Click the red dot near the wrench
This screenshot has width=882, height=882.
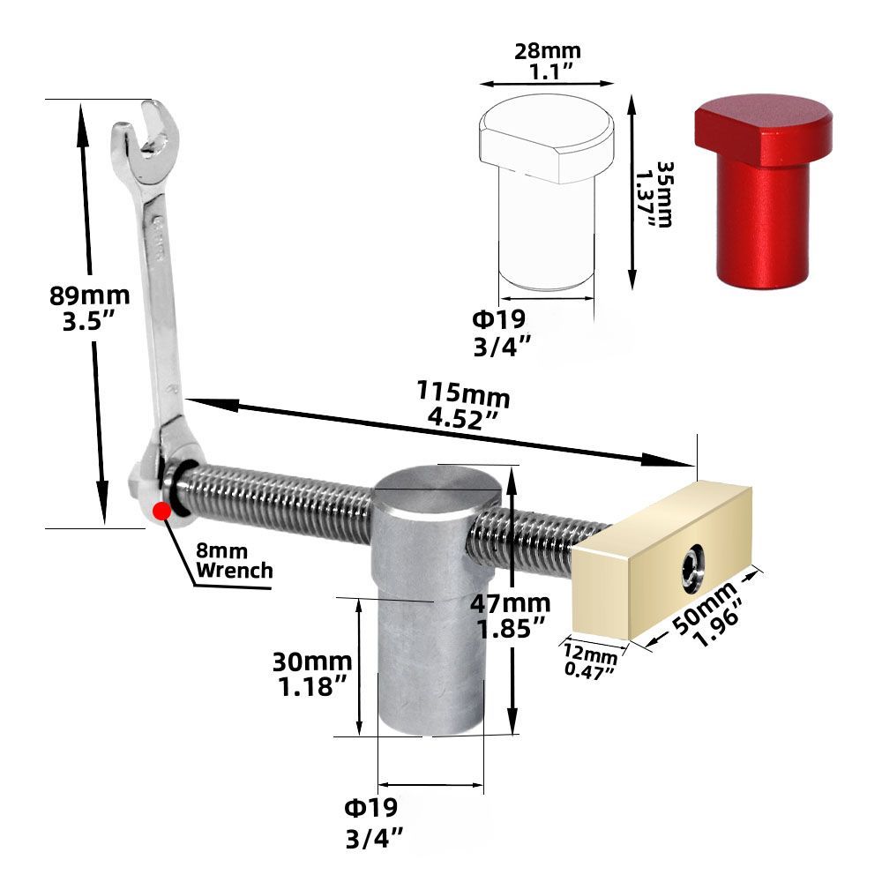[161, 511]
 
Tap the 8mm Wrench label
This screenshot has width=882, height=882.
[234, 561]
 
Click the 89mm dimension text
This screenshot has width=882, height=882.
[89, 295]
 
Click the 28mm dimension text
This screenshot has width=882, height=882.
[547, 51]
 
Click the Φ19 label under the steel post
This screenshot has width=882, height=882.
[370, 806]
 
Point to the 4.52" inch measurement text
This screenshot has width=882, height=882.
[460, 418]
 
